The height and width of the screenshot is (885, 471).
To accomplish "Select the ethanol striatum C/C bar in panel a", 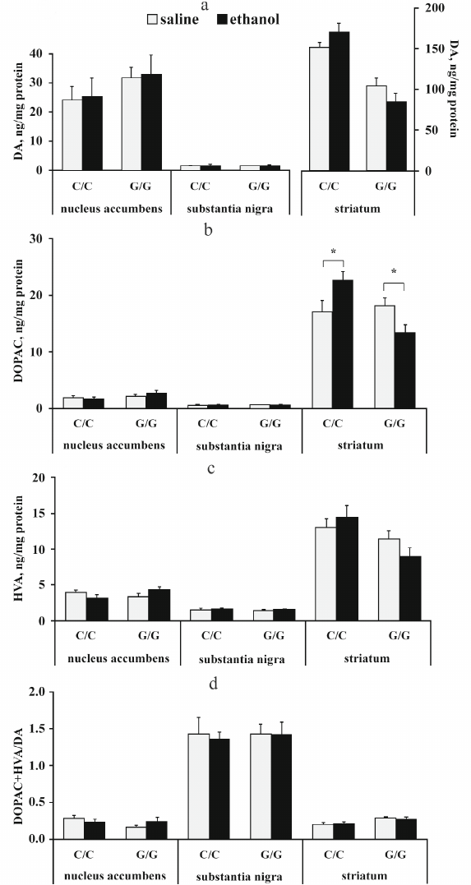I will click(x=340, y=101).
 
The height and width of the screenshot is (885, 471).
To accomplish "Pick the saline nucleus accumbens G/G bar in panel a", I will click(x=132, y=124).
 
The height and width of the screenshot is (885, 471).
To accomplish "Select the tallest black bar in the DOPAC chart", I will click(x=342, y=344).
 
